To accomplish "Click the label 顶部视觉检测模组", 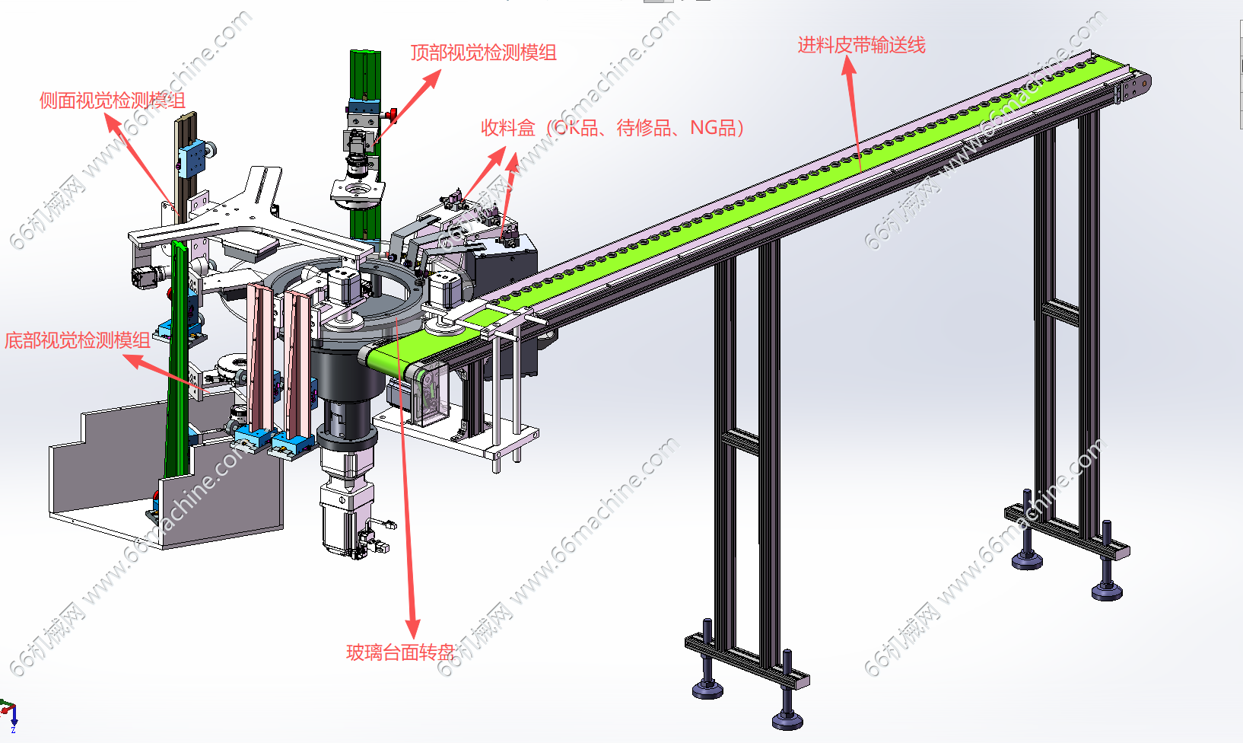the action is click(x=483, y=53).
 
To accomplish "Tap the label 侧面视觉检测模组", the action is click(x=112, y=100).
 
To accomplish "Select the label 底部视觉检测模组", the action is click(x=77, y=340).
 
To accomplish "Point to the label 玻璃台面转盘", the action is click(x=400, y=652).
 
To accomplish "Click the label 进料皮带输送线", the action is click(x=862, y=45).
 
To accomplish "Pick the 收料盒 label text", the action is click(x=507, y=128).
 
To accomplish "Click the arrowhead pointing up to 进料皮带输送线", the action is click(x=848, y=65).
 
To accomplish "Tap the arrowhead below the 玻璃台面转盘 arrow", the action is click(x=413, y=628).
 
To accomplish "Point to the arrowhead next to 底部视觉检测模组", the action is click(x=132, y=361).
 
